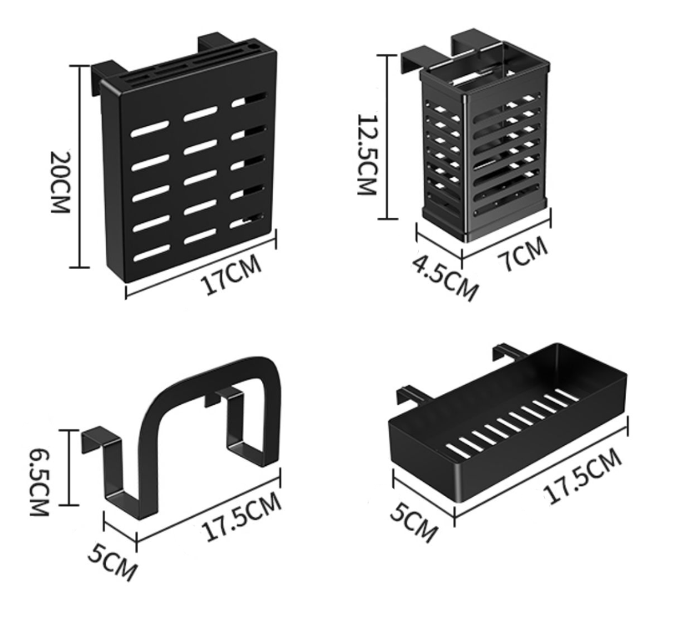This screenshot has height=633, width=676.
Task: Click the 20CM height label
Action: click(x=60, y=182)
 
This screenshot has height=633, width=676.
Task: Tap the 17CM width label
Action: click(x=231, y=275)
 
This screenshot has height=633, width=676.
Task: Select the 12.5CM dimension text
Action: click(x=367, y=154)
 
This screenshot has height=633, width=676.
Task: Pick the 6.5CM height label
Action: click(x=40, y=483)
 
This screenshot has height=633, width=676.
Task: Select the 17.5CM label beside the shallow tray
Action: click(x=583, y=476)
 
